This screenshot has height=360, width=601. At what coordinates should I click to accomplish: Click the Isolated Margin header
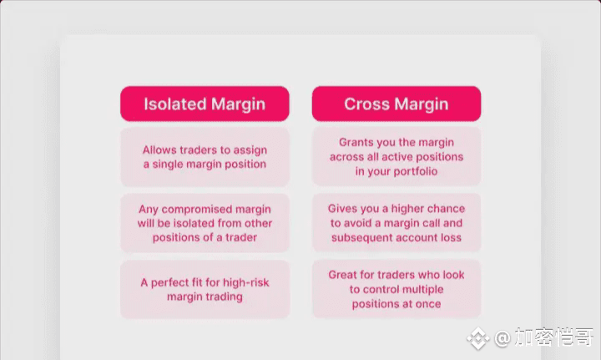[x=205, y=104]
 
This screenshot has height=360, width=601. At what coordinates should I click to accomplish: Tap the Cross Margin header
[x=396, y=104]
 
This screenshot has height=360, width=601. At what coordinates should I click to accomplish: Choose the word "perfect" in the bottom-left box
[x=169, y=283]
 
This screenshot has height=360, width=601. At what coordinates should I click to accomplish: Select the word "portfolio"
[x=416, y=171]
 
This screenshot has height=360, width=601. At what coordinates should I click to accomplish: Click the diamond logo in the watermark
[x=477, y=338]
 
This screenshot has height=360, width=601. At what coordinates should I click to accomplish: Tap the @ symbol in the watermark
[x=503, y=338]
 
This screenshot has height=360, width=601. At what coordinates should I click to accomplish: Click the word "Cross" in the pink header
[x=366, y=104]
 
